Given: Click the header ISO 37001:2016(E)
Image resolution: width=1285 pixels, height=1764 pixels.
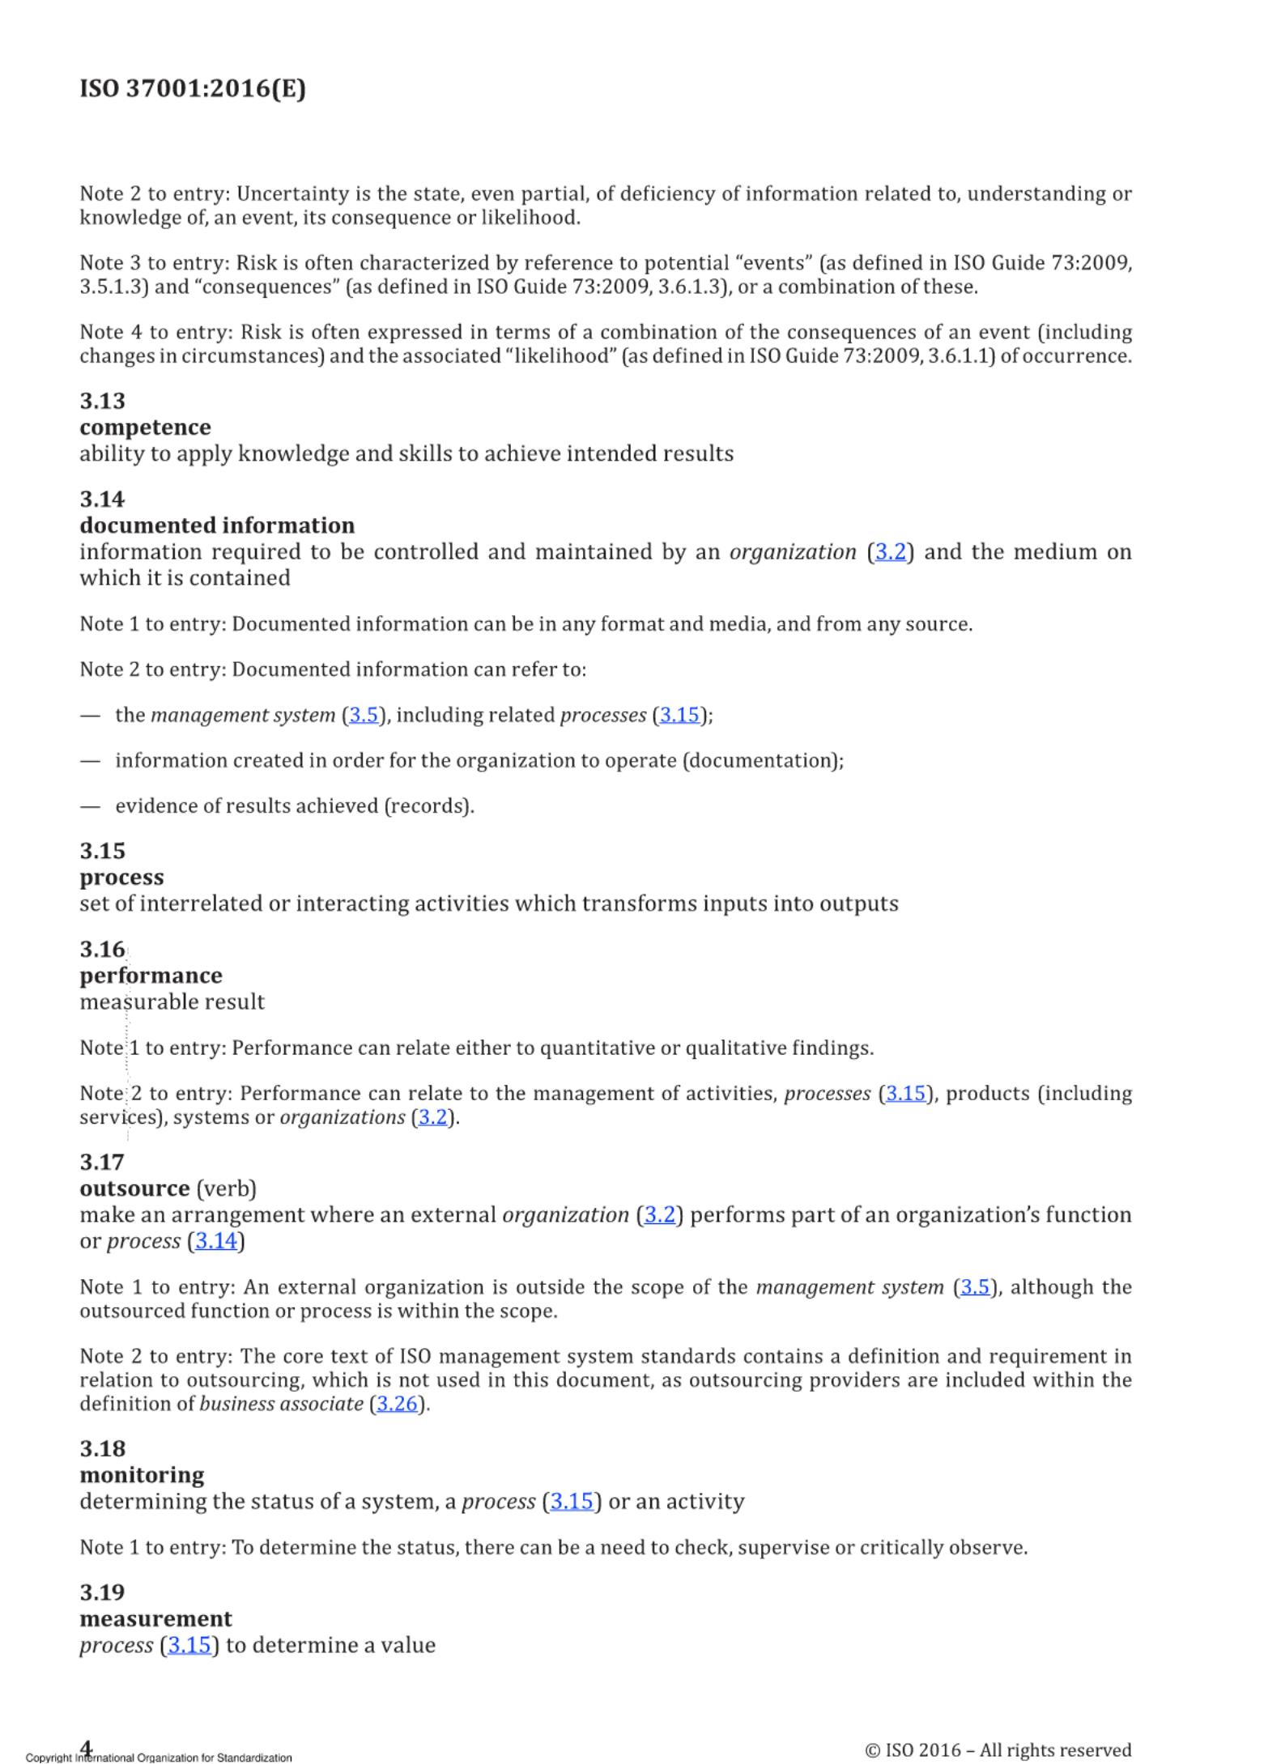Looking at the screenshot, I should click(193, 88).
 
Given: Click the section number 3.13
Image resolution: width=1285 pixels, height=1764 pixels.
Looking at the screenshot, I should click(103, 401).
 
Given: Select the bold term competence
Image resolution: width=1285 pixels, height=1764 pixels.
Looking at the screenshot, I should click(145, 427).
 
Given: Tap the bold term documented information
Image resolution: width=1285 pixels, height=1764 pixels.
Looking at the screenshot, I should click(217, 525).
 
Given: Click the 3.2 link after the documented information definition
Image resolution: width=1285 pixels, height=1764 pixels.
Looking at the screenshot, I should click(890, 552).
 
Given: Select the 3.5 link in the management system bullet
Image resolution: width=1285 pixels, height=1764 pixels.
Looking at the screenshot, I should click(364, 716).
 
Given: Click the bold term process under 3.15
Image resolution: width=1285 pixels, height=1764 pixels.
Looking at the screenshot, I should click(121, 878).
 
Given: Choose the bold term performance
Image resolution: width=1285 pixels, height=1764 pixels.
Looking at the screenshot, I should click(151, 976).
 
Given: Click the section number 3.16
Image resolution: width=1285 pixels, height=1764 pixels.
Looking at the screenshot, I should click(103, 949).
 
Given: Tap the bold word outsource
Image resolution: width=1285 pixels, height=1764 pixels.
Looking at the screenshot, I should click(134, 1188).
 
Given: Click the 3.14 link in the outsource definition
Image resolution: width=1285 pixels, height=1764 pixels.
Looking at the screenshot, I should click(216, 1241).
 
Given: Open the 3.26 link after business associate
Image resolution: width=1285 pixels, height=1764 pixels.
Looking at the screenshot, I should click(397, 1404).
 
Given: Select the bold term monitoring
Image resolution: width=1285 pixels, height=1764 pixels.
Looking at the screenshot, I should click(142, 1475).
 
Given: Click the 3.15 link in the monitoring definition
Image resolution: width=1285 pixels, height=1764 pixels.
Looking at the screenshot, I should click(572, 1502).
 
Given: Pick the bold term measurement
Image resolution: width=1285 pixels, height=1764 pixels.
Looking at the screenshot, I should click(155, 1618).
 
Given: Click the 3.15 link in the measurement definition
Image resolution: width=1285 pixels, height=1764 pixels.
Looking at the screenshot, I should click(189, 1645).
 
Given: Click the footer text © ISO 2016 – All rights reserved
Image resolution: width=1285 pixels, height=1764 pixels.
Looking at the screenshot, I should click(998, 1750).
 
